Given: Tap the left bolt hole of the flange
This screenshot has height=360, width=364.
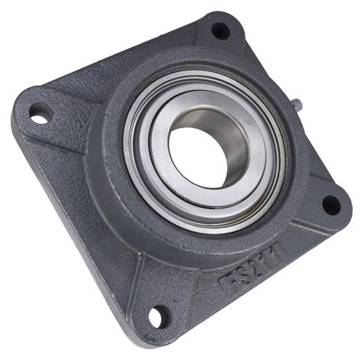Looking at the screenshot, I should pos(39,114).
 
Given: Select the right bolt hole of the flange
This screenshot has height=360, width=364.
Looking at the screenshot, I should pos(331,206).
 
